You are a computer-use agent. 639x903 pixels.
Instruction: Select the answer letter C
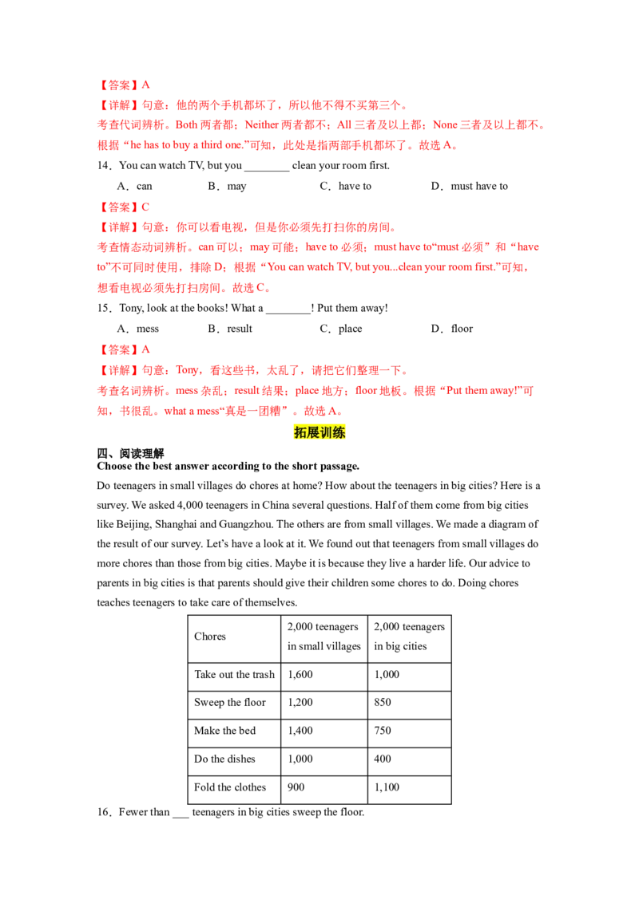click(146, 207)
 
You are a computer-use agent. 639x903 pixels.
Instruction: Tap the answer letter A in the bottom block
click(146, 350)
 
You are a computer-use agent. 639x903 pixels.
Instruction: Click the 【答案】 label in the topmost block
click(117, 85)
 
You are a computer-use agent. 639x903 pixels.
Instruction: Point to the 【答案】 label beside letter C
click(117, 207)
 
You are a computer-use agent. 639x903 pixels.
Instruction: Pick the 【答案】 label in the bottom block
click(117, 350)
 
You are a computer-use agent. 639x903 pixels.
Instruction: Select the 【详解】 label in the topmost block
click(117, 105)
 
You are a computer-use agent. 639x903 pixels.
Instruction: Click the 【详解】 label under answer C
click(117, 228)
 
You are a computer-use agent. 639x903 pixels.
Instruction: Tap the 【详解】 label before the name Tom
click(117, 371)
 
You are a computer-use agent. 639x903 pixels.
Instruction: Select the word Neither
click(259, 125)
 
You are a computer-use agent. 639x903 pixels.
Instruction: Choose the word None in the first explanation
click(445, 125)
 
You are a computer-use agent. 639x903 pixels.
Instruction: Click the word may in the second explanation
click(261, 248)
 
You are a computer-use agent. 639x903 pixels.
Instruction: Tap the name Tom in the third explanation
click(187, 371)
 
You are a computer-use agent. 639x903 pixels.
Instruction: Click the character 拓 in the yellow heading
click(300, 432)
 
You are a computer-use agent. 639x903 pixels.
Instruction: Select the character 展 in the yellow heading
click(313, 432)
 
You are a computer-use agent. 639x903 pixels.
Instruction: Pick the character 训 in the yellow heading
click(327, 432)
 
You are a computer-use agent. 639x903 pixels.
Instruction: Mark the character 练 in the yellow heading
click(340, 432)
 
